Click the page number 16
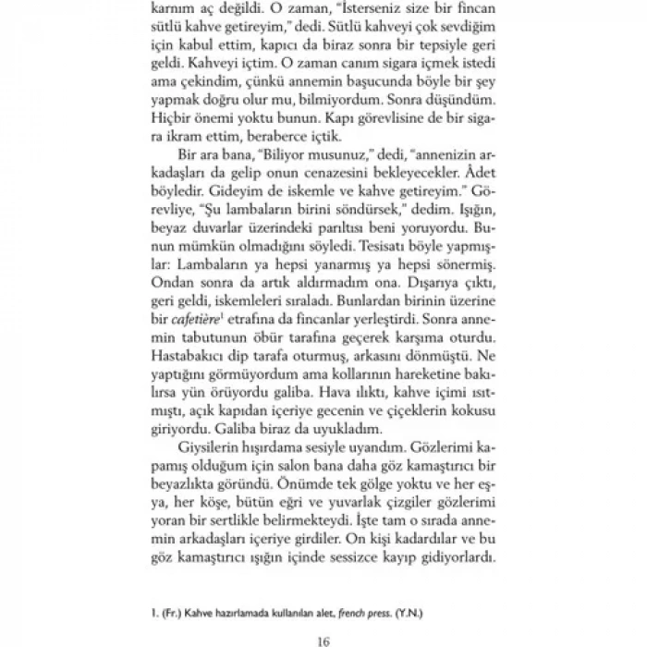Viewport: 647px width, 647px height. click(322, 640)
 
